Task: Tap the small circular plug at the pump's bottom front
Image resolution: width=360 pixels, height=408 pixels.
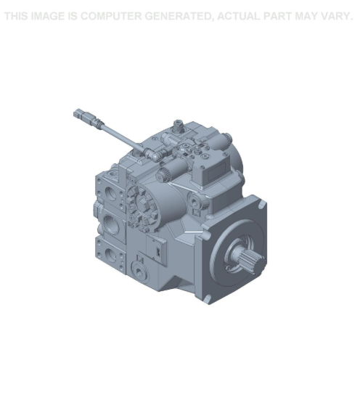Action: tap(142, 269)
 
